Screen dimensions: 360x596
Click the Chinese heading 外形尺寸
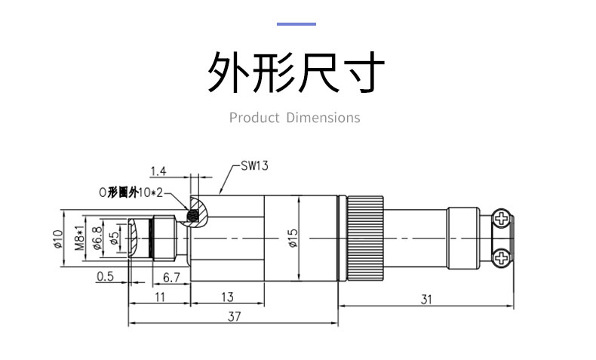coord(296,72)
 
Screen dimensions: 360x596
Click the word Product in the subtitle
coord(254,118)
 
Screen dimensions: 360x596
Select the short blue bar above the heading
coord(296,23)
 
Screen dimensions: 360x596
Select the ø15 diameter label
coord(293,238)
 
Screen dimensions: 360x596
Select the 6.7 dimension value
coord(171,278)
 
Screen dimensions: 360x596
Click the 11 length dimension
coord(160,297)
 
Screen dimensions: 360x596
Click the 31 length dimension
coord(426,299)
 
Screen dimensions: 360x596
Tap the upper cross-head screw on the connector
coord(502,220)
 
